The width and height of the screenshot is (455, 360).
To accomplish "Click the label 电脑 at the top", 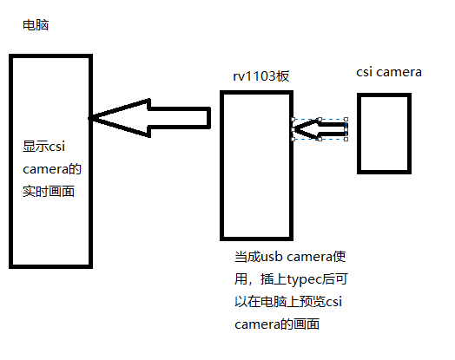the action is (x=36, y=25).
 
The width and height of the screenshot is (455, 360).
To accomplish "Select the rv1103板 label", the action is (x=261, y=76).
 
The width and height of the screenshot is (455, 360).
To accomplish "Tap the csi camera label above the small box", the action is (x=389, y=72).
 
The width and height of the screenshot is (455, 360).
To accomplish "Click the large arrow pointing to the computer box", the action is (x=149, y=118).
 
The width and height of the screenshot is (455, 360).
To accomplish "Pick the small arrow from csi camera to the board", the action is (x=320, y=129).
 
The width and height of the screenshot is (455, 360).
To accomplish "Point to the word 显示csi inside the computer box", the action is (x=43, y=147).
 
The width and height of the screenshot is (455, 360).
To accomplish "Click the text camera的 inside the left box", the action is (x=52, y=169).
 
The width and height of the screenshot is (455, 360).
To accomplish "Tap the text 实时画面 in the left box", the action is (x=49, y=192).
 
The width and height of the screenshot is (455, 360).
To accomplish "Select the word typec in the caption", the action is (x=305, y=279).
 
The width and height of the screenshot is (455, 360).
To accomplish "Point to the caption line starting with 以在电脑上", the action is (x=288, y=302).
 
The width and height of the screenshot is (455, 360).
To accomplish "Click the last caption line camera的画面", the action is (x=277, y=324).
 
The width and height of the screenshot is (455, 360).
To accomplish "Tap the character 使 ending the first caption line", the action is (x=340, y=257).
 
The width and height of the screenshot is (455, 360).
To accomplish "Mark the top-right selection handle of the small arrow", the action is (x=346, y=119).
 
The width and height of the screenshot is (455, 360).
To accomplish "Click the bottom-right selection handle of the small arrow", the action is (x=346, y=140).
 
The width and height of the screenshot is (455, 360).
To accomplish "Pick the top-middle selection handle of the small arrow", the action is (x=320, y=119).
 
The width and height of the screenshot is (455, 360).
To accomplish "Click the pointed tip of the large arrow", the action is (x=89, y=118).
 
